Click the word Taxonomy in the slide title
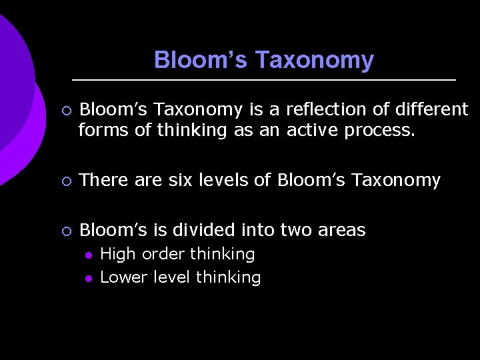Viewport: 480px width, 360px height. pos(314,61)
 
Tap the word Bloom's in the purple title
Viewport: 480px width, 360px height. pos(201,61)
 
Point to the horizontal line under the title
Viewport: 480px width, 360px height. pos(263,80)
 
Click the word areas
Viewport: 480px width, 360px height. pos(341,231)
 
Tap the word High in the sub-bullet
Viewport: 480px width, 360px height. pos(117,254)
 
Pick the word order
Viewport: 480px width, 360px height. pos(163,254)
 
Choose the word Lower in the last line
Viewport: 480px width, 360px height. pos(123,277)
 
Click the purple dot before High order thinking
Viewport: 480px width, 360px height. pos(87,255)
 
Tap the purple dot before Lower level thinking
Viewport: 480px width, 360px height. pos(87,277)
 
